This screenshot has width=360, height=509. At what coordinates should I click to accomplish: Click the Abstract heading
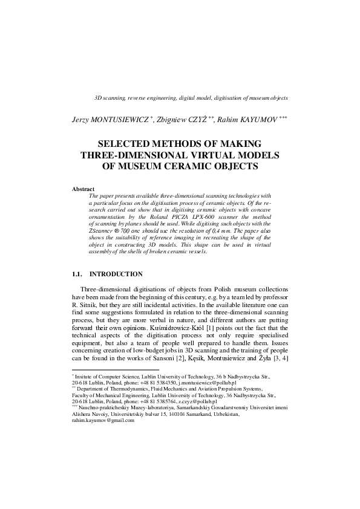[84, 189]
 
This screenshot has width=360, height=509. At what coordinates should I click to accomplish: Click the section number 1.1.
[79, 274]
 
